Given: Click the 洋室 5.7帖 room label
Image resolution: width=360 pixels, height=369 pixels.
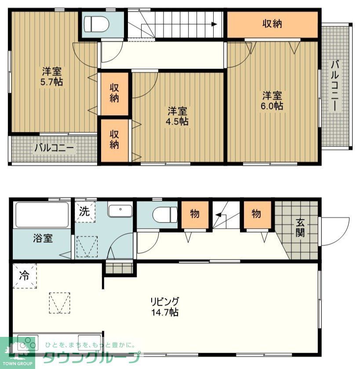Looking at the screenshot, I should click(x=52, y=76).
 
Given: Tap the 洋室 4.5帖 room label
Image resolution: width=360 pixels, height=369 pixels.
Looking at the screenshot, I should click(x=178, y=116).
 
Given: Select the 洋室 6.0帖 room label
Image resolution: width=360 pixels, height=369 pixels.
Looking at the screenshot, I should click(x=273, y=101).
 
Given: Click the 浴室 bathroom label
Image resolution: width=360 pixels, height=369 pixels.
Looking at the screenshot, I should click(x=43, y=238).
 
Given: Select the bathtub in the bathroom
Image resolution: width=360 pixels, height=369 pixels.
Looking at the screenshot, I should click(x=42, y=215).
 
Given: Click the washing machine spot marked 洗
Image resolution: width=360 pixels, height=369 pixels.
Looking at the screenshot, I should click(x=84, y=211).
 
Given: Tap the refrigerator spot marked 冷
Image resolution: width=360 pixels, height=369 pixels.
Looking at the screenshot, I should click(x=24, y=276).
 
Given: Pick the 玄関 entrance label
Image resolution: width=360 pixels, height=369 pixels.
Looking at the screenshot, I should click(x=299, y=228).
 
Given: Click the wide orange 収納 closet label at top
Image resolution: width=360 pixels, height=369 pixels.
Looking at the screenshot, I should click(x=272, y=24).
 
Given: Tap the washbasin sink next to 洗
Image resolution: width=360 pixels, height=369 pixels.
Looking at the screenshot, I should click(x=120, y=211).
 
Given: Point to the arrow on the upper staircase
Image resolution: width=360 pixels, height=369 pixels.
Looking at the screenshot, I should click(x=213, y=25).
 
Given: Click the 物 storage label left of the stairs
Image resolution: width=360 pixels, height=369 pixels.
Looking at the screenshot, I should click(x=195, y=214).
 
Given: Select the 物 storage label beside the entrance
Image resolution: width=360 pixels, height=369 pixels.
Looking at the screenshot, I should click(x=256, y=214).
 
